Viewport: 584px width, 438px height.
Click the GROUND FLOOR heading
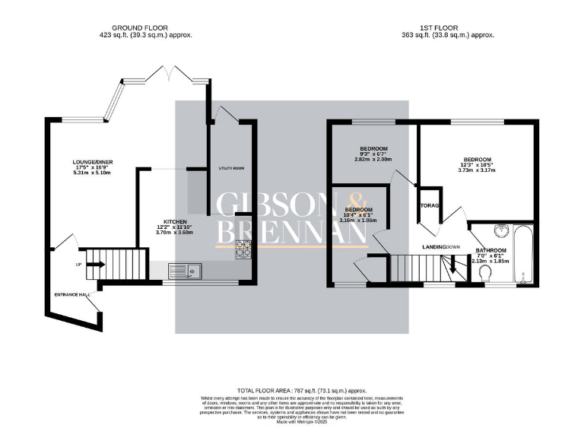pyautogui.click(x=145, y=26)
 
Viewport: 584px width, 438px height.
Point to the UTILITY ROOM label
pyautogui.click(x=230, y=167)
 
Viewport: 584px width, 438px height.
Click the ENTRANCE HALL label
pyautogui.click(x=72, y=294)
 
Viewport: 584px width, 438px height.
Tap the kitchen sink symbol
pyautogui.click(x=182, y=268)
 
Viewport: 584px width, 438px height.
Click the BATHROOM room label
pyautogui.click(x=490, y=250)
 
